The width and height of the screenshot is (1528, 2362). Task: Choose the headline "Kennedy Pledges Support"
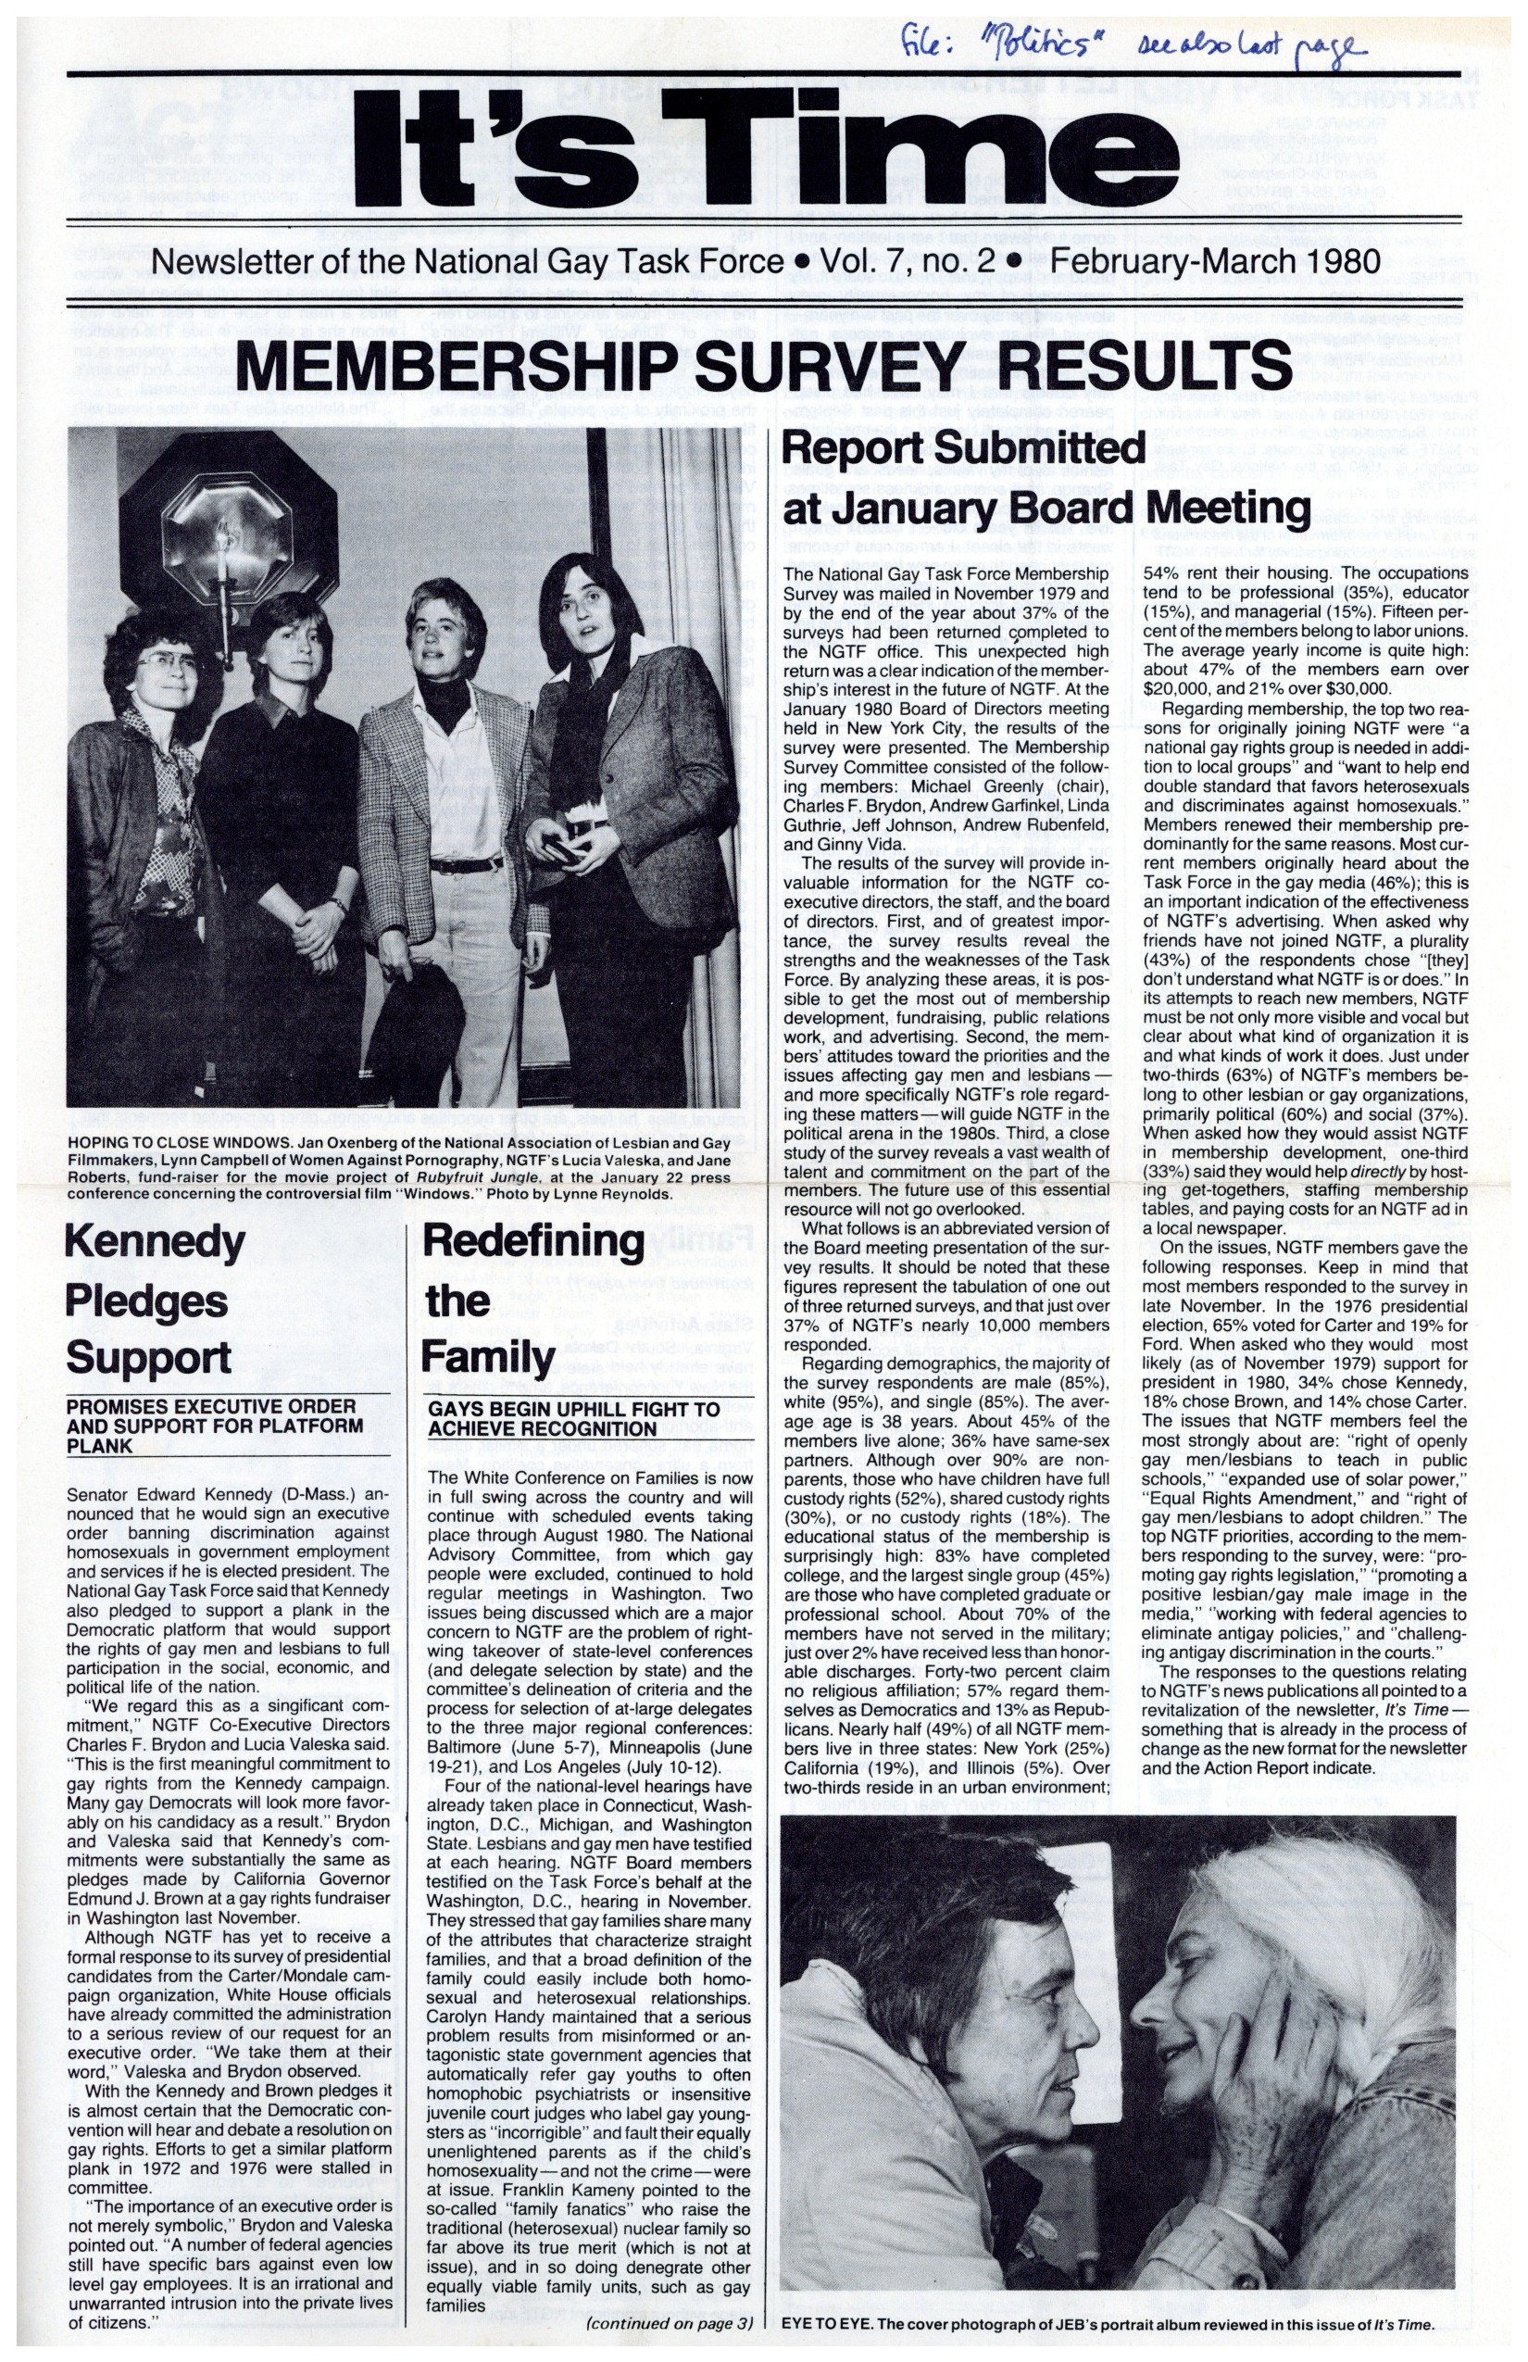tap(155, 1299)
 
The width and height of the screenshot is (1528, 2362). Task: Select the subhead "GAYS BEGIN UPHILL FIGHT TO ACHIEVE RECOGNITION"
tap(574, 1419)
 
